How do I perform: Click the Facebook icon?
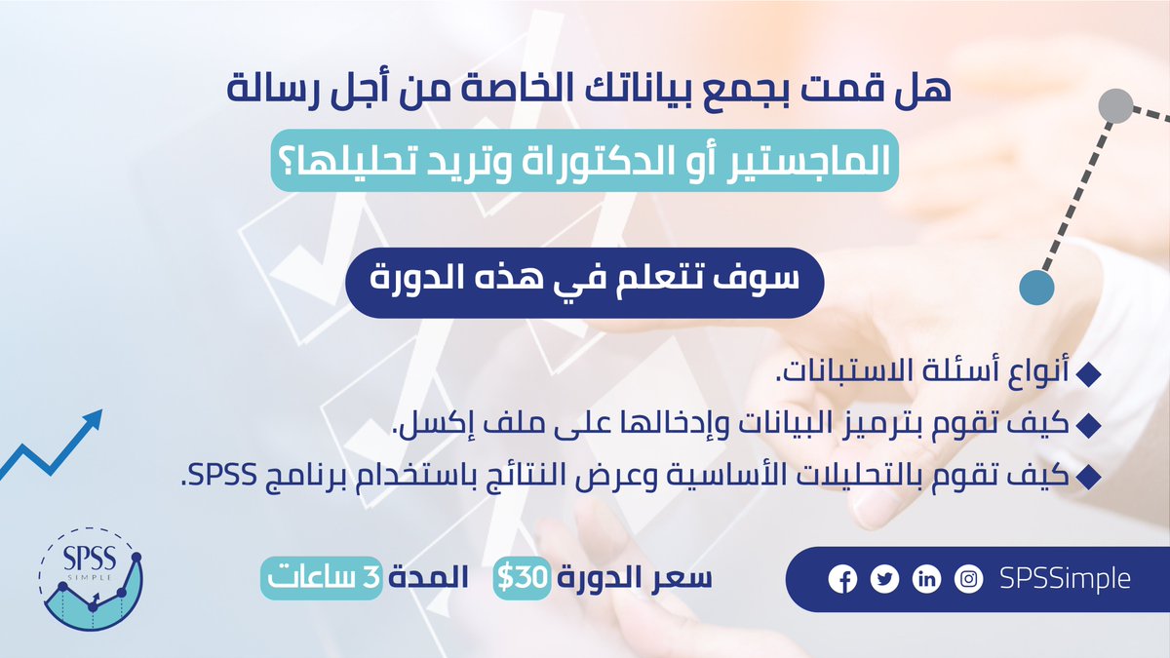[841, 579]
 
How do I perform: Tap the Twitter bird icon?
[884, 579]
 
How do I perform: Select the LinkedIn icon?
[926, 579]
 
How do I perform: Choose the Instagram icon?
[969, 579]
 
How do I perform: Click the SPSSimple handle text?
[1066, 578]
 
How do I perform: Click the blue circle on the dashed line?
[1036, 286]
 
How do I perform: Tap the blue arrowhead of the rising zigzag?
[92, 421]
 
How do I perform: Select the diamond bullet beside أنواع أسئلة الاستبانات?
[1091, 374]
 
